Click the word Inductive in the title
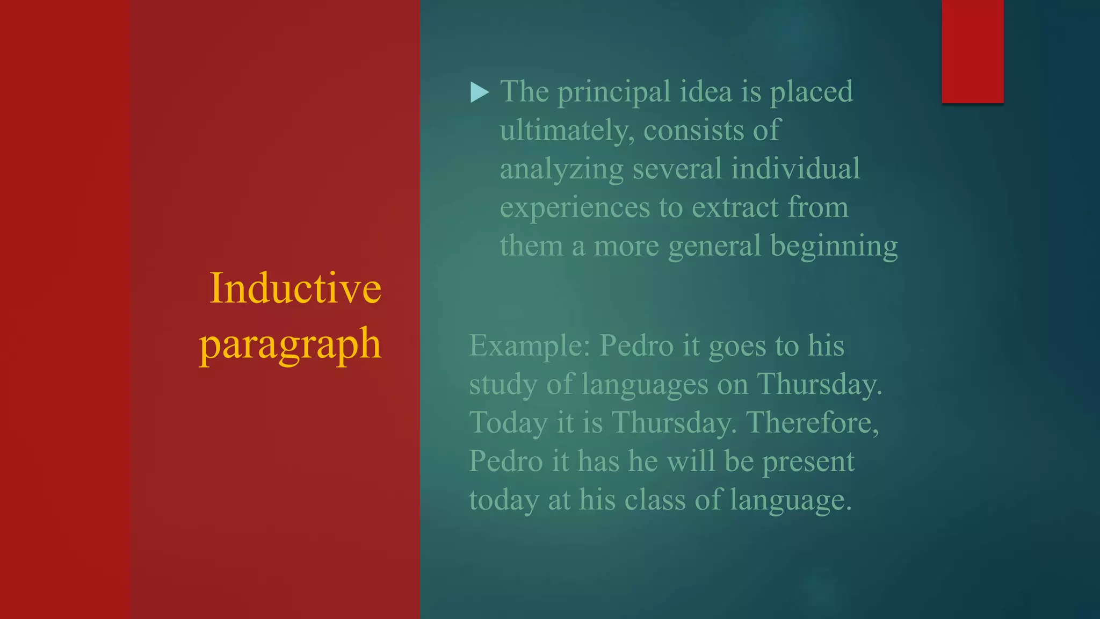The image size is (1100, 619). tap(295, 289)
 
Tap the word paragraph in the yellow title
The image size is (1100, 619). tap(290, 344)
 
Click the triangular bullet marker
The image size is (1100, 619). tap(479, 92)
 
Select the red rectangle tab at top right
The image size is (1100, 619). tap(972, 51)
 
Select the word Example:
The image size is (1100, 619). tap(530, 346)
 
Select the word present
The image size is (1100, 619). tap(808, 462)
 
